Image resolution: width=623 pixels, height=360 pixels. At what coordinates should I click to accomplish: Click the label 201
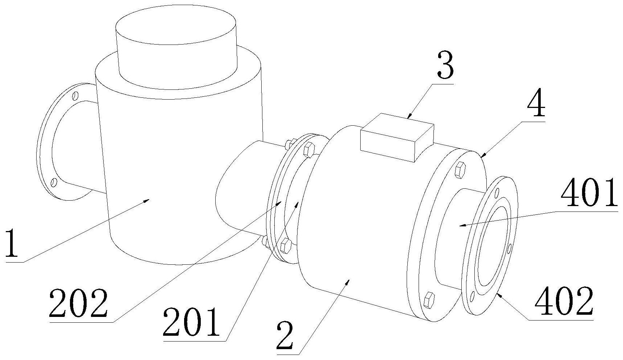[191, 322]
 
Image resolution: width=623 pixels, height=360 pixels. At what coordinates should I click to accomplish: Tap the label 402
[564, 301]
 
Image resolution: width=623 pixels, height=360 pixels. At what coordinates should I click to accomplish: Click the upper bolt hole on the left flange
[75, 96]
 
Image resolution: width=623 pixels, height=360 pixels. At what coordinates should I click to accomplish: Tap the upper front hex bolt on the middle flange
[308, 150]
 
